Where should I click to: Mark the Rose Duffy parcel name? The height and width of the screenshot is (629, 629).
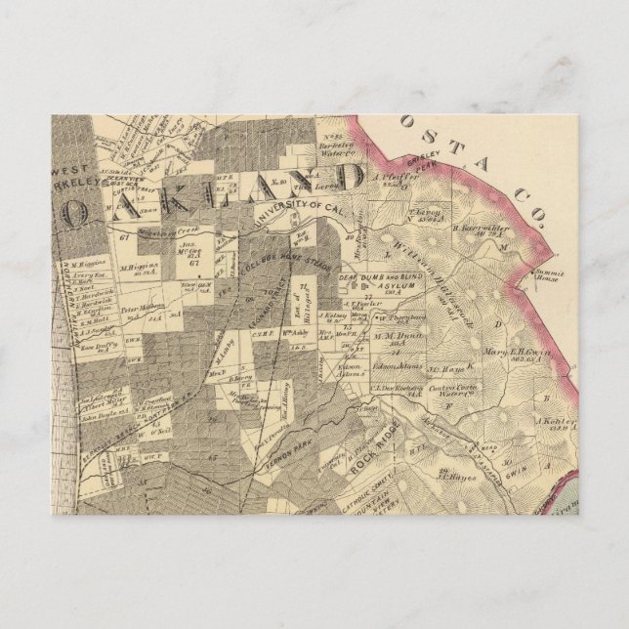[x=99, y=345]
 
